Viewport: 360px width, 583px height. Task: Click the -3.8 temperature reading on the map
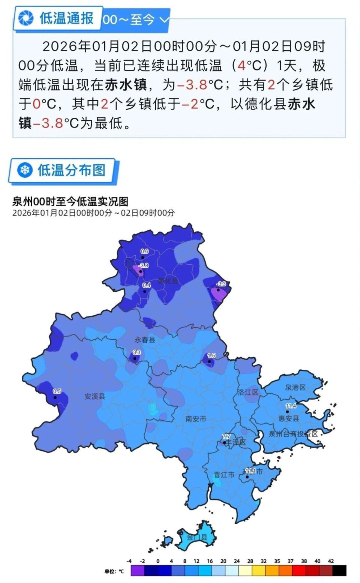click(144, 265)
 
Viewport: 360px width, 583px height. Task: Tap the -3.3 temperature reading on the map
click(221, 284)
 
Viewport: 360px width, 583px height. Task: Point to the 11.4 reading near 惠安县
click(291, 406)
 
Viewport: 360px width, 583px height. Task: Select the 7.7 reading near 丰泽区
click(226, 436)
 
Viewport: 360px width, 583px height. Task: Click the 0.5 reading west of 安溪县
click(57, 391)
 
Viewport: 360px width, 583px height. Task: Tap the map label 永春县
click(145, 340)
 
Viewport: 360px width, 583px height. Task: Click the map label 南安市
click(196, 419)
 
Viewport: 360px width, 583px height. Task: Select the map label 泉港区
click(295, 387)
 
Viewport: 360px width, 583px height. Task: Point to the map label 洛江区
click(248, 392)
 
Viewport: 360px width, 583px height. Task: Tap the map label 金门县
click(197, 537)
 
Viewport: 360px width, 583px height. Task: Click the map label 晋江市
click(224, 475)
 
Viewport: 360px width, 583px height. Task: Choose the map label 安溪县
click(94, 396)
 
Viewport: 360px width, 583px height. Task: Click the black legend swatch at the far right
click(339, 571)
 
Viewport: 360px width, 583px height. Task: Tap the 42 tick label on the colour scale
click(331, 561)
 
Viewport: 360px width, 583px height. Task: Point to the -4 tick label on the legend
click(129, 561)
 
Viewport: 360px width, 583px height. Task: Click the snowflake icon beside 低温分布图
click(25, 171)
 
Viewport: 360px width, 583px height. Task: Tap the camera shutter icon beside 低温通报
click(26, 18)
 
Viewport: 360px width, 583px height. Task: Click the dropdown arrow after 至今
click(164, 19)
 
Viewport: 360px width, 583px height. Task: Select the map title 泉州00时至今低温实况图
click(70, 202)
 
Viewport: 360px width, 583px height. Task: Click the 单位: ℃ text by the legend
click(114, 571)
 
